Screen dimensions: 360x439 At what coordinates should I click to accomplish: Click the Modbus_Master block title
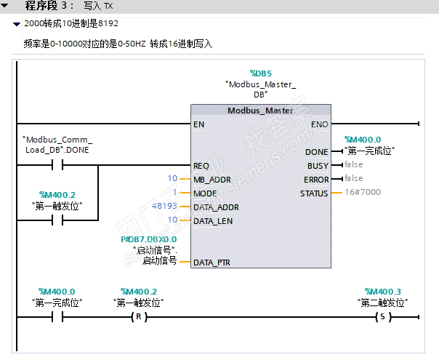(260, 111)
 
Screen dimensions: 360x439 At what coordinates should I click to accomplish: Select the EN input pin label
(198, 124)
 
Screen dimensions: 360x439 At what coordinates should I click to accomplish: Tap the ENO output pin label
(319, 124)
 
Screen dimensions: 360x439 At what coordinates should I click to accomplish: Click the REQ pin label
(201, 165)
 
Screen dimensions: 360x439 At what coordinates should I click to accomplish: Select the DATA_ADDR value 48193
(164, 207)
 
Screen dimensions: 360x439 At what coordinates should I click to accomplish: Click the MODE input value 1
(174, 193)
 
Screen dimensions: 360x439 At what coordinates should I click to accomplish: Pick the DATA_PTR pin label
(212, 262)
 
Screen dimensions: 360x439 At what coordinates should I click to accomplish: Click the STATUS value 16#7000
(362, 193)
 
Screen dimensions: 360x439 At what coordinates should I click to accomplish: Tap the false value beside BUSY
(353, 165)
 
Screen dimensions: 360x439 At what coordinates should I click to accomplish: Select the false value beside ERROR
(353, 179)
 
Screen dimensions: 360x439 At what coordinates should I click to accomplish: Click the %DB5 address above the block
(260, 73)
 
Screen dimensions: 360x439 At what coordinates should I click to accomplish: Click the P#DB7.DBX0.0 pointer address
(148, 239)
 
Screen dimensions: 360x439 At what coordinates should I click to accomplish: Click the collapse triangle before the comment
(16, 24)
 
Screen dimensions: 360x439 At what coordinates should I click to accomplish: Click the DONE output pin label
(317, 151)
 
